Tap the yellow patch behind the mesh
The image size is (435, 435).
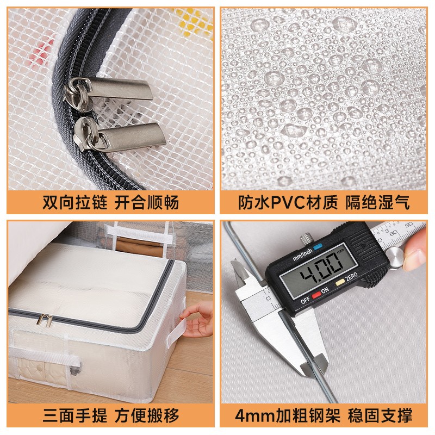pos(192,22)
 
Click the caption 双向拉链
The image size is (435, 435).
pos(74,202)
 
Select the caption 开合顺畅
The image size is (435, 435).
pos(146,202)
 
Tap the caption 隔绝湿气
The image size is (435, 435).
pos(377,202)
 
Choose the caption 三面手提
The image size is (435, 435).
pos(74,415)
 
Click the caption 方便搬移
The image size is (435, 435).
pos(146,415)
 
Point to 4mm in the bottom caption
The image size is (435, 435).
pos(254,416)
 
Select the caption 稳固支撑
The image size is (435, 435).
pos(380,415)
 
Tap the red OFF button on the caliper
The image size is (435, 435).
pos(316,295)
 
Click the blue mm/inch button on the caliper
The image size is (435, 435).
pos(318,246)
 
